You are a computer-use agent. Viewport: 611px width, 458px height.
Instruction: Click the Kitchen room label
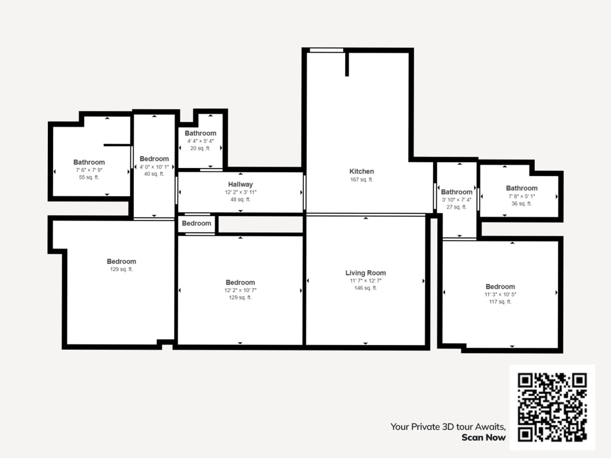[x=361, y=171]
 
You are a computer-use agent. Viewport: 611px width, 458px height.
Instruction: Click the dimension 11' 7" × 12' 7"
[x=365, y=281]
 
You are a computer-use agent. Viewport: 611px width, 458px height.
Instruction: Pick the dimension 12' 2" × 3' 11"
[x=240, y=192]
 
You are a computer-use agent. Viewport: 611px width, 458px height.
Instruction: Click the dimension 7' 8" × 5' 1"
[x=522, y=196]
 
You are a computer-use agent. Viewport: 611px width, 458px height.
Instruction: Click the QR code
[x=552, y=407]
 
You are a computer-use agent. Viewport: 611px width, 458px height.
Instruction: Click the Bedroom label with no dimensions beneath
[x=196, y=223]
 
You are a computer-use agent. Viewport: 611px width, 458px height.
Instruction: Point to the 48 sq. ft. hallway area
[x=240, y=199]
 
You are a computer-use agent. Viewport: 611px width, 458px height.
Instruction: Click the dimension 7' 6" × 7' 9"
[x=89, y=170]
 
